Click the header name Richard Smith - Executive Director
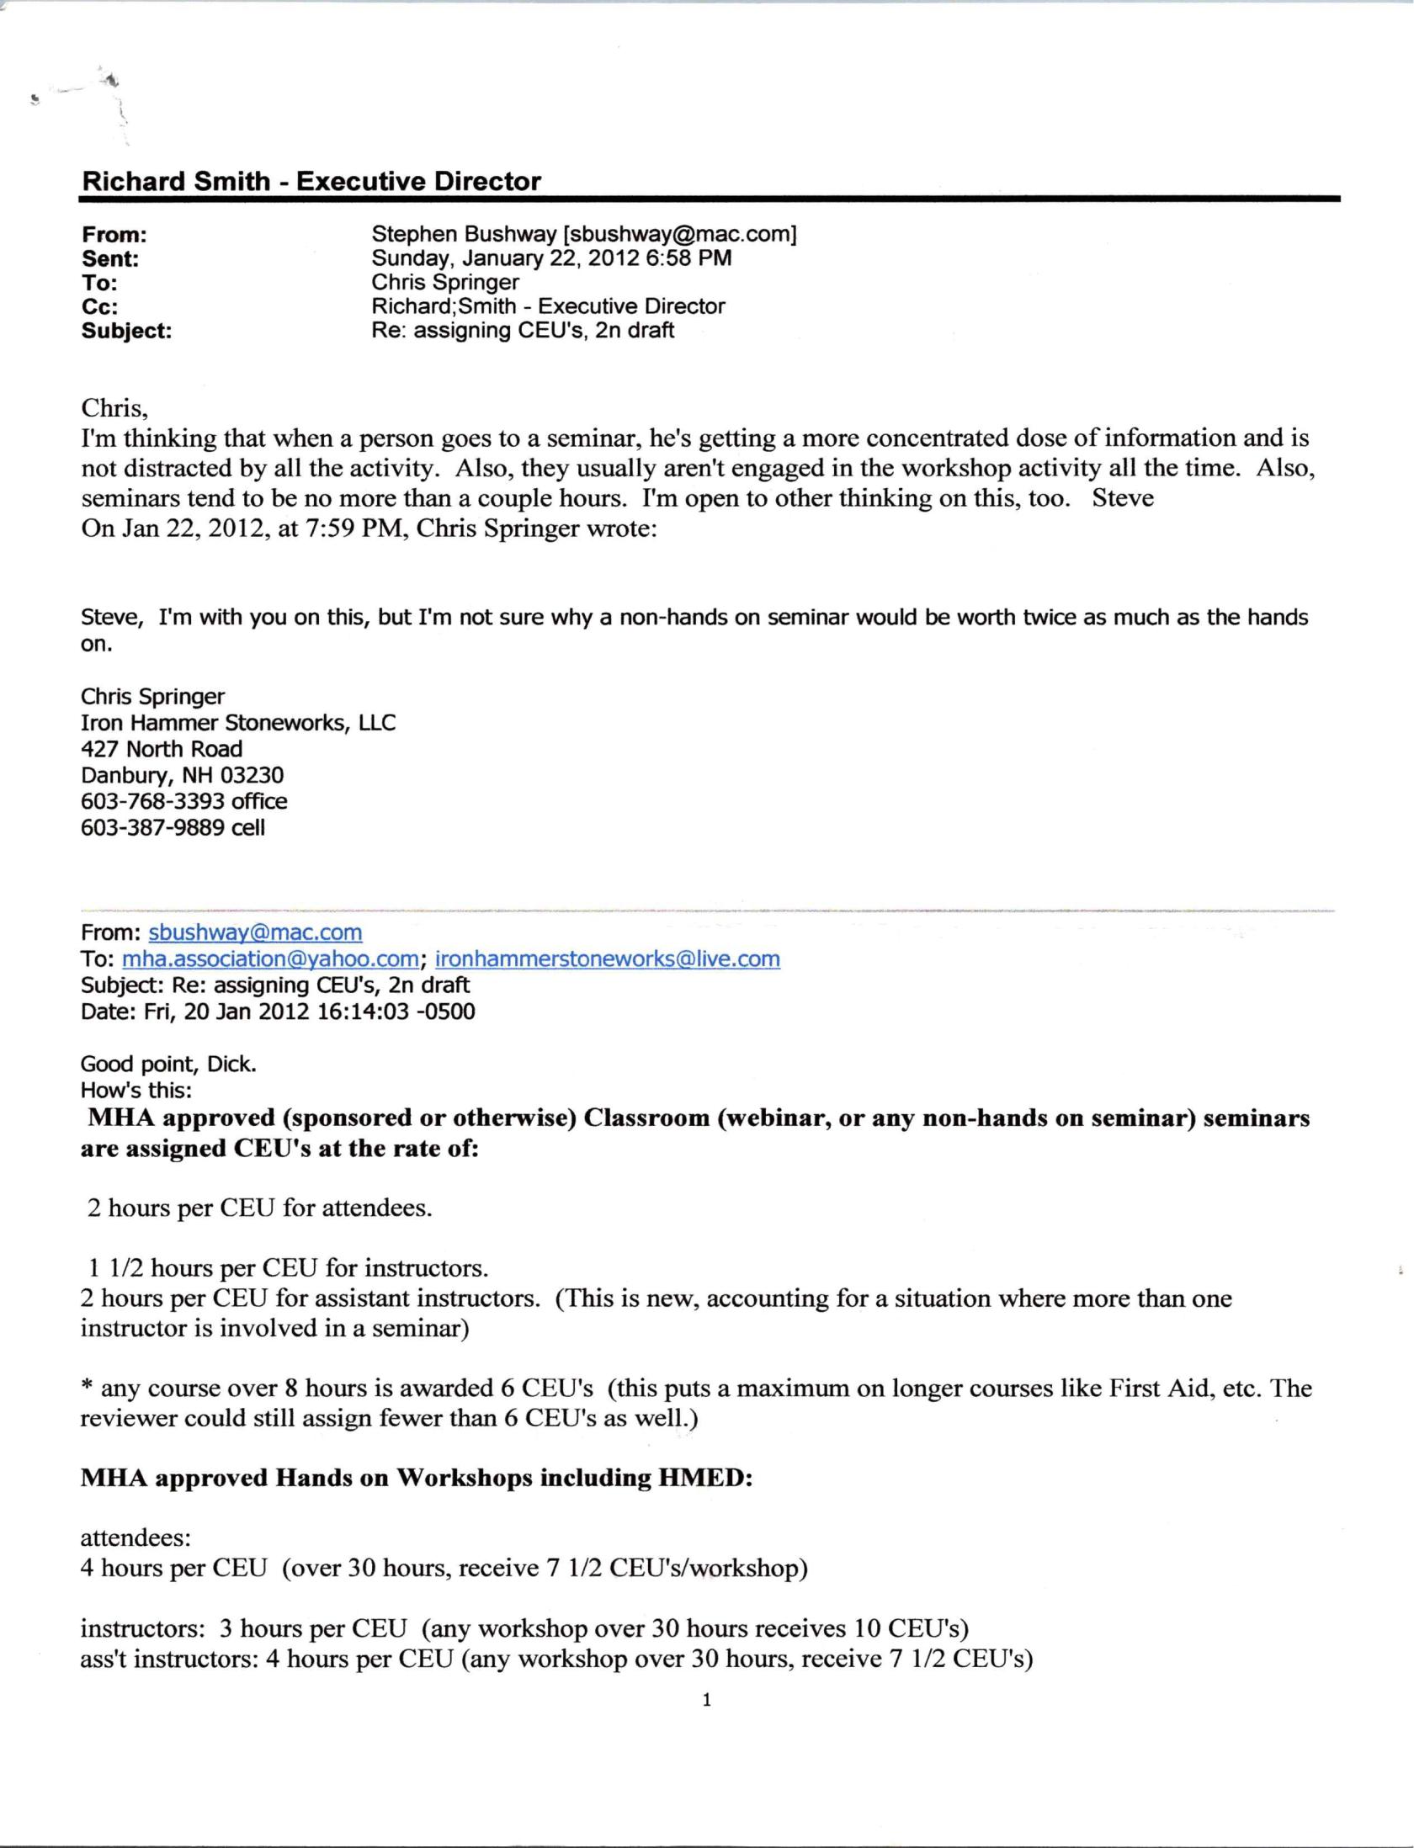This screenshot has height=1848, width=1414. pos(311,181)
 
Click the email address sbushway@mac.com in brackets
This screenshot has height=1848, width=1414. pos(679,234)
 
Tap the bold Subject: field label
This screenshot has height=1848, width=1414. pos(126,331)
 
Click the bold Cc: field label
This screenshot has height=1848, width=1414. pos(99,307)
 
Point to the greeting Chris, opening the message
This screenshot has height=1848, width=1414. pos(114,408)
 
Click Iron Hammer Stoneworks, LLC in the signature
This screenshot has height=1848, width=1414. pos(237,723)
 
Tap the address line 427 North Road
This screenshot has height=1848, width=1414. pos(162,749)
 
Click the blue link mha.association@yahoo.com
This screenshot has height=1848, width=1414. pos(270,959)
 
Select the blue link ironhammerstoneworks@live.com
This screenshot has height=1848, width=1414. pos(607,959)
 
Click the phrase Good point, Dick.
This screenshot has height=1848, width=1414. pos(168,1064)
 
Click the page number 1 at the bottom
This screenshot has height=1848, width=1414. pos(706,1699)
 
